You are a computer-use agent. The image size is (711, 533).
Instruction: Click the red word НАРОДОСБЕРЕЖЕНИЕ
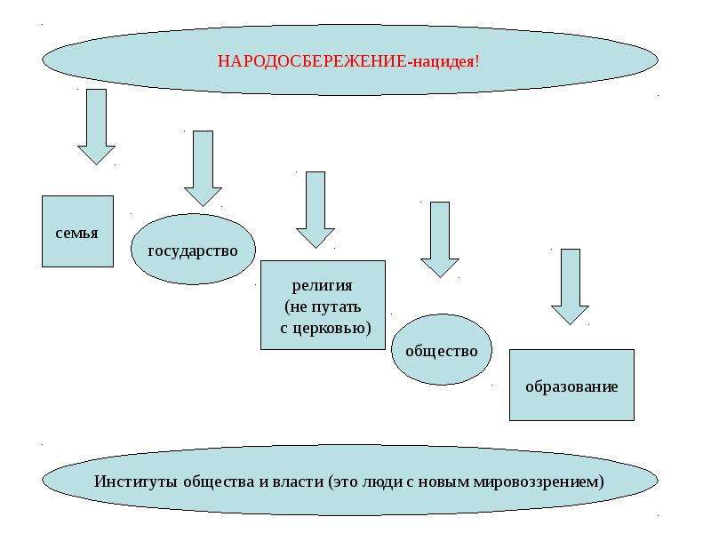click(x=312, y=60)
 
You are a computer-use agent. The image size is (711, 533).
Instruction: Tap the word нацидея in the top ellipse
click(x=443, y=61)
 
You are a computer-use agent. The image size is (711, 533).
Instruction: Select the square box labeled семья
click(x=77, y=231)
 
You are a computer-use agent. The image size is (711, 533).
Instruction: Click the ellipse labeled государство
click(x=193, y=250)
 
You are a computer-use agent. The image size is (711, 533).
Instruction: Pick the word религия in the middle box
click(x=322, y=285)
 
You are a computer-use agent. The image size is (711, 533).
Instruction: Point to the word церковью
click(x=330, y=327)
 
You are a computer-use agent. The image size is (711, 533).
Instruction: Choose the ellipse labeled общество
click(x=441, y=349)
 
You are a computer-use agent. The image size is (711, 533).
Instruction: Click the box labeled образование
click(x=571, y=385)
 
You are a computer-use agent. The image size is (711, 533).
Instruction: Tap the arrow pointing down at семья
click(x=96, y=126)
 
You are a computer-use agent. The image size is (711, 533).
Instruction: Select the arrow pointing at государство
click(x=203, y=169)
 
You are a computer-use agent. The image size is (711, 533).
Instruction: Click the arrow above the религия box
click(x=316, y=210)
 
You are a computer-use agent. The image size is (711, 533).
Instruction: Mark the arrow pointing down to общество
click(x=440, y=239)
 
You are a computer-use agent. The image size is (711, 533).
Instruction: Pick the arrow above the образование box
click(x=570, y=286)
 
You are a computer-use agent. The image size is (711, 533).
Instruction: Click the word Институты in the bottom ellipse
click(x=136, y=481)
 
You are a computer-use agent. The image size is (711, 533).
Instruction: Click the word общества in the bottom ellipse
click(x=219, y=481)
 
